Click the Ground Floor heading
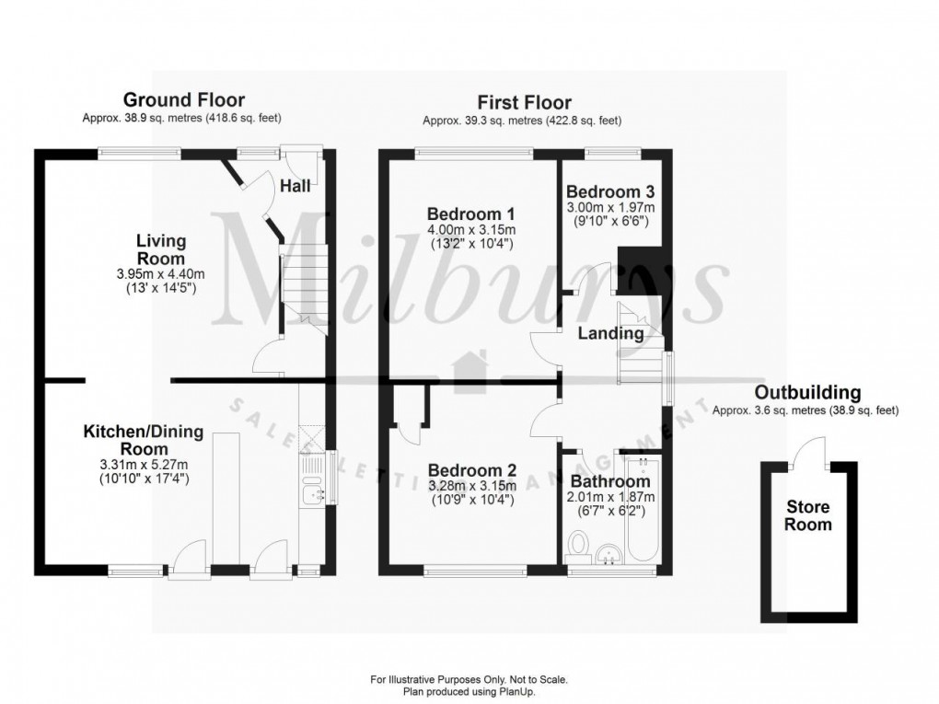point(184,99)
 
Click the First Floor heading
point(523,102)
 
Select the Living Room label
point(161,249)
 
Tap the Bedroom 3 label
point(610,192)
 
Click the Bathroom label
point(610,480)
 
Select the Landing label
point(610,333)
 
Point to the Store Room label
point(807,515)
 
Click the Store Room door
point(811,451)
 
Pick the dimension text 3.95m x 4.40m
point(161,273)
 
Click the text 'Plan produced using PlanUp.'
point(469,691)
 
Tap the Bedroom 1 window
point(474,153)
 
